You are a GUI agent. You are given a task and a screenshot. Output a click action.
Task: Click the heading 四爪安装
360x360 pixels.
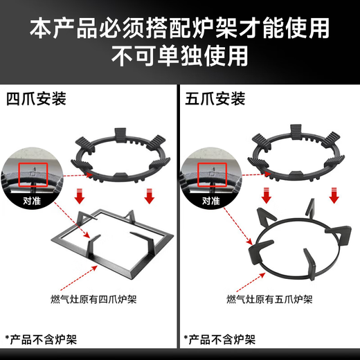click(x=35, y=99)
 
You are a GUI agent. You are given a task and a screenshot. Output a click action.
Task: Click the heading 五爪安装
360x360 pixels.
click(x=215, y=99)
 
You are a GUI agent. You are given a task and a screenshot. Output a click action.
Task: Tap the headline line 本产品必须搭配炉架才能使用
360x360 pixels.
click(x=180, y=27)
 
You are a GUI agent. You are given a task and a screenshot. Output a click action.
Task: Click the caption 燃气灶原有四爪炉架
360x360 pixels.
click(x=89, y=299)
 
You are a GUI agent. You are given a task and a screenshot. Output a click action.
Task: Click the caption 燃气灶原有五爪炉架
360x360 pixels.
click(x=269, y=299)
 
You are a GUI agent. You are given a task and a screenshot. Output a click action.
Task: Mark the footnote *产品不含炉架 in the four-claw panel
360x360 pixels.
click(x=40, y=339)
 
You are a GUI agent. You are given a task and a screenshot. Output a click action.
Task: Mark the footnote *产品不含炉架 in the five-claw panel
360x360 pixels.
click(x=219, y=339)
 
